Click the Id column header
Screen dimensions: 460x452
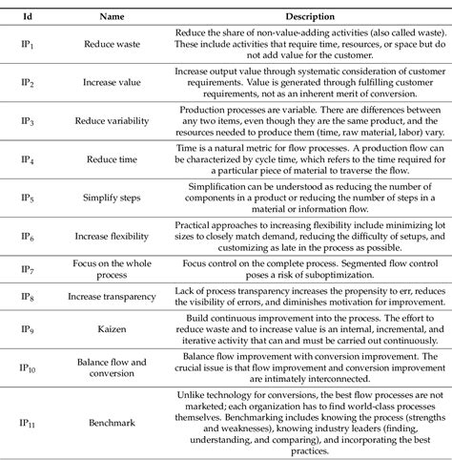(x=30, y=17)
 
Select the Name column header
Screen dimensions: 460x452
(x=114, y=17)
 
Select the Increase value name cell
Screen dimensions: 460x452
(x=114, y=83)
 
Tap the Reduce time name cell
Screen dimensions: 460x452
(x=114, y=158)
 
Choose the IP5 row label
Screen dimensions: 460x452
(x=31, y=197)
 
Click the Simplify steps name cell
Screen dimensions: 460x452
(x=114, y=197)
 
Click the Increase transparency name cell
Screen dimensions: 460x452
(x=114, y=298)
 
